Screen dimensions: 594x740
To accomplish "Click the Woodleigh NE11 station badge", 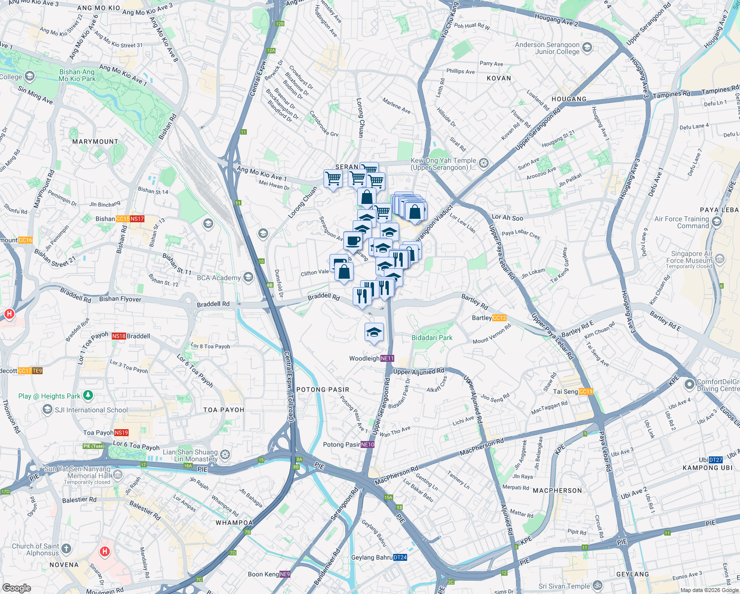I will [x=387, y=358].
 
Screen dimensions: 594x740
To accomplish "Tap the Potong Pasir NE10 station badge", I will [x=368, y=445].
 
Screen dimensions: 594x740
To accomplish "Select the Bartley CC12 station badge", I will [x=499, y=318].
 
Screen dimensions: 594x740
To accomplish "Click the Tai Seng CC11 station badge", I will [x=586, y=392].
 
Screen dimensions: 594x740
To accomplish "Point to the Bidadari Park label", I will [x=432, y=338].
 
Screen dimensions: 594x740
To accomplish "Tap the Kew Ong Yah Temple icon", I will [x=484, y=163].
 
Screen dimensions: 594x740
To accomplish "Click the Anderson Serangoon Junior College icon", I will [x=587, y=48].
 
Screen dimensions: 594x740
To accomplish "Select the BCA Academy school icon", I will [x=248, y=277].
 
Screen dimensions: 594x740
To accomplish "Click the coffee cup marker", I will [x=353, y=241].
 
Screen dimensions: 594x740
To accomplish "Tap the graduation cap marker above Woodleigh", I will [x=374, y=333].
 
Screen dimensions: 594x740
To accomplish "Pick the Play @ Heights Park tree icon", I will [x=88, y=395].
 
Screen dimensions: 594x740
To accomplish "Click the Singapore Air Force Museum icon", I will [x=720, y=258].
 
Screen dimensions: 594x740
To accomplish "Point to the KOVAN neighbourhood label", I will [x=499, y=78].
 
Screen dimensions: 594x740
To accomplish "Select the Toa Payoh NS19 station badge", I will [x=121, y=433].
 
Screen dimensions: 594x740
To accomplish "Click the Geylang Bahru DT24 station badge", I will [x=400, y=557].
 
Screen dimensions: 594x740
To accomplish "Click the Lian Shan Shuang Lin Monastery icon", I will [x=225, y=454].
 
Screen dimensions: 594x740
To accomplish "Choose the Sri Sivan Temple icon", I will [x=598, y=586].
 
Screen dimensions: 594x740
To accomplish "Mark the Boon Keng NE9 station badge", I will [x=285, y=574].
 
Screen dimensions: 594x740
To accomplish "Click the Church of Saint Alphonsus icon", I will [x=66, y=548].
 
